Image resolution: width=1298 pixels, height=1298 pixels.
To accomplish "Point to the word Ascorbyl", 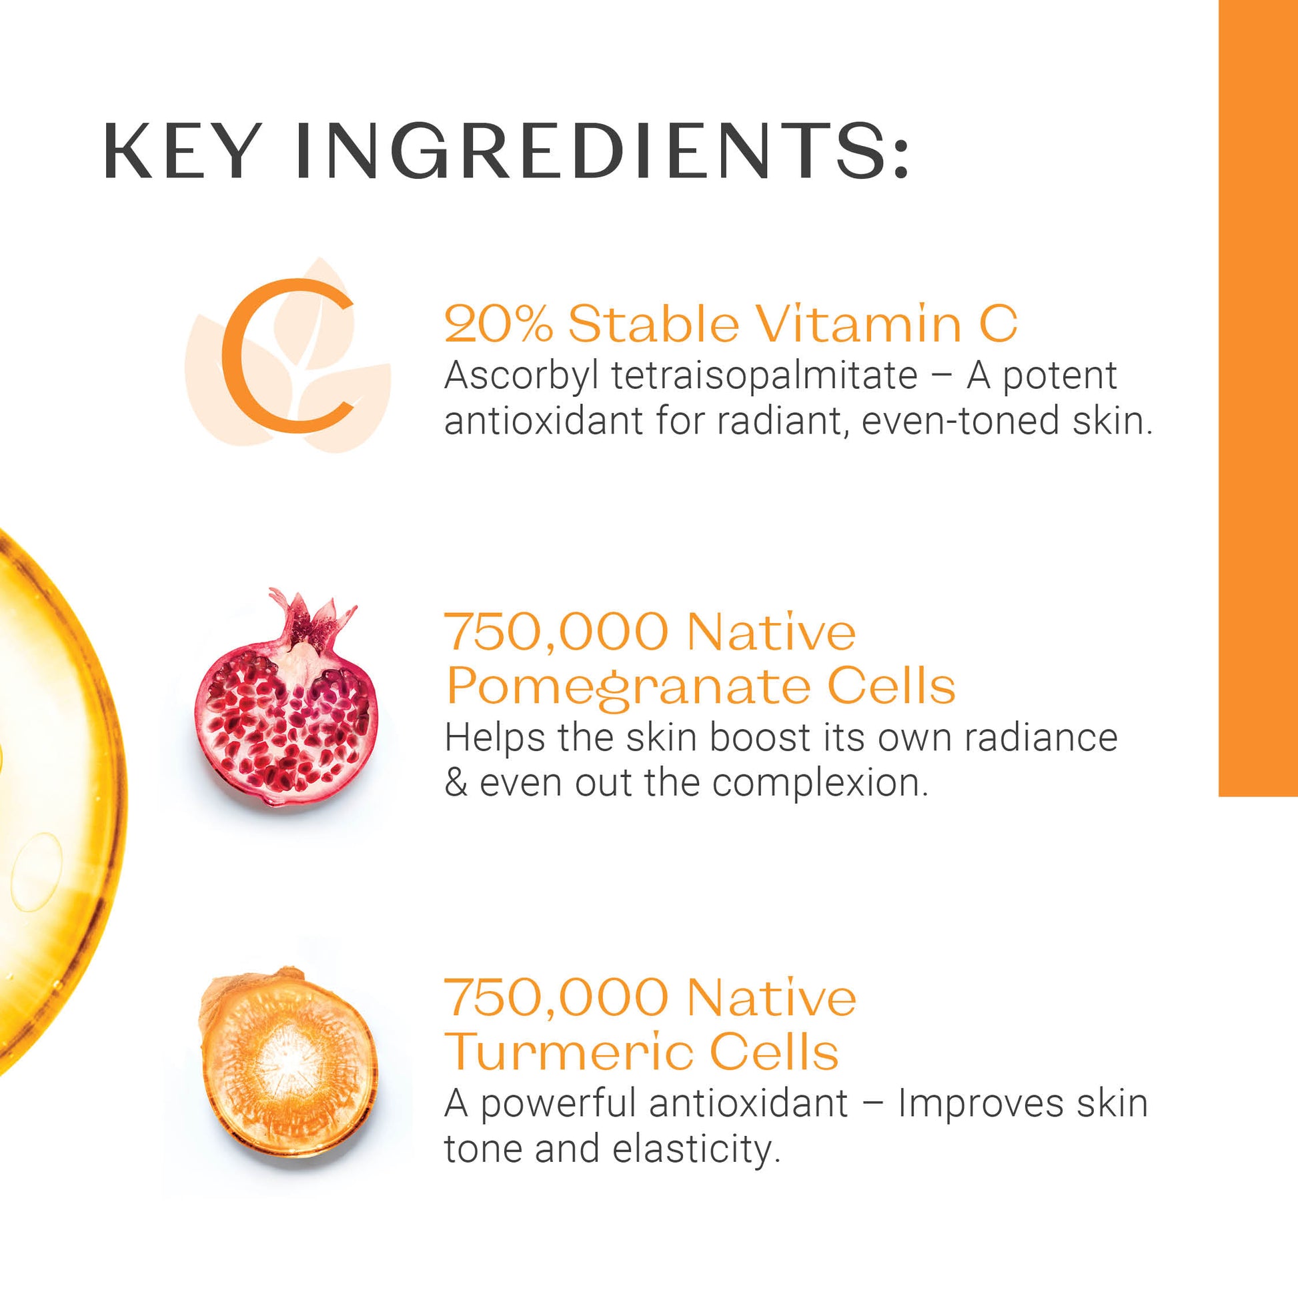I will tap(522, 376).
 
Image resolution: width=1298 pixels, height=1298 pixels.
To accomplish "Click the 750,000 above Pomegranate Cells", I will tap(557, 634).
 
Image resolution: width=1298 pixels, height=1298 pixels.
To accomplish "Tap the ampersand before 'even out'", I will tap(456, 783).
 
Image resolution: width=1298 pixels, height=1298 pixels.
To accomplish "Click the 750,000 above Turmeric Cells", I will tap(557, 999).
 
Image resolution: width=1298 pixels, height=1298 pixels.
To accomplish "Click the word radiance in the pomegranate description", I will tap(1041, 738).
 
